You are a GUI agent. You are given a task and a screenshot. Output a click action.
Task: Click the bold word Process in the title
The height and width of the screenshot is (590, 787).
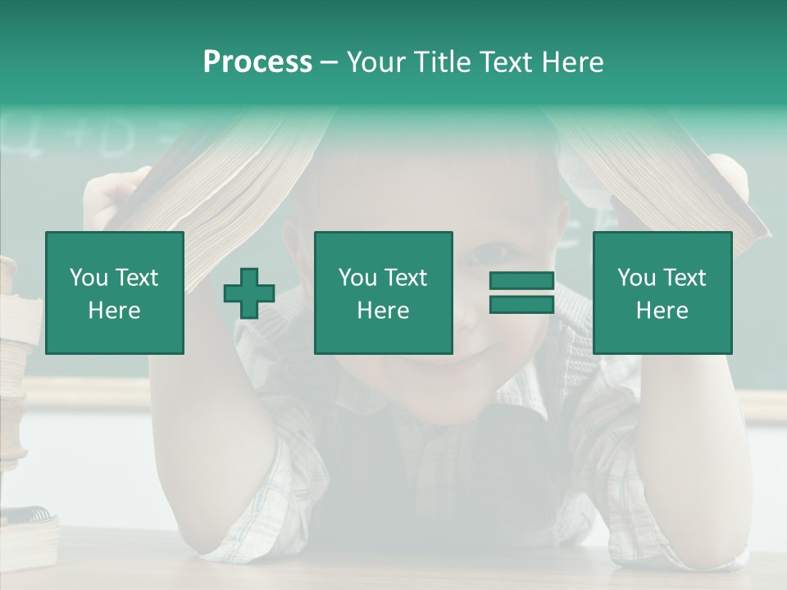pos(257,62)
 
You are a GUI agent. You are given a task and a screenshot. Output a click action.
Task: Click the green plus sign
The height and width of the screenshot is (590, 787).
pos(249,293)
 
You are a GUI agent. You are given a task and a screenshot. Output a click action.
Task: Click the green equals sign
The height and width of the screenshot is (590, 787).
pos(521,293)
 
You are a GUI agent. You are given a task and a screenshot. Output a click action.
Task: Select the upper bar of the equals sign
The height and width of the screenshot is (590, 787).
pos(521,281)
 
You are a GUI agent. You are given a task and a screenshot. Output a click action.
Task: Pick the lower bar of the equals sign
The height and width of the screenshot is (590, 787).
pos(521,304)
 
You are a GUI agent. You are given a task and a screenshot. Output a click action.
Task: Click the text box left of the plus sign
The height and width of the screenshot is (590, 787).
pos(115,293)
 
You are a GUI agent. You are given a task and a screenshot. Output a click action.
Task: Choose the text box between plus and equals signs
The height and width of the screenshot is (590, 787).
pos(383,293)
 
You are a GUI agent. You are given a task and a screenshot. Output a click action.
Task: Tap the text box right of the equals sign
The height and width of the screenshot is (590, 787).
pos(662,293)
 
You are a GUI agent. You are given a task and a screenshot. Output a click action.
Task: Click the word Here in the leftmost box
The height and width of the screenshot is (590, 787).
pos(114,311)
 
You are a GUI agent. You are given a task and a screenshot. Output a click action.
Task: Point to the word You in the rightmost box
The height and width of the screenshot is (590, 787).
pos(636,278)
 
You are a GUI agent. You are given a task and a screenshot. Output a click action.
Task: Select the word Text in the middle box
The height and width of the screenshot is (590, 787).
pos(406,278)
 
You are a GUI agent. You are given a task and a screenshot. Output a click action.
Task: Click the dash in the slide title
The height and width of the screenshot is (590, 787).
pos(329,62)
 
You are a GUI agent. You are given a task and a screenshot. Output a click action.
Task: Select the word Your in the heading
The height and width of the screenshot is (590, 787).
pos(375,62)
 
